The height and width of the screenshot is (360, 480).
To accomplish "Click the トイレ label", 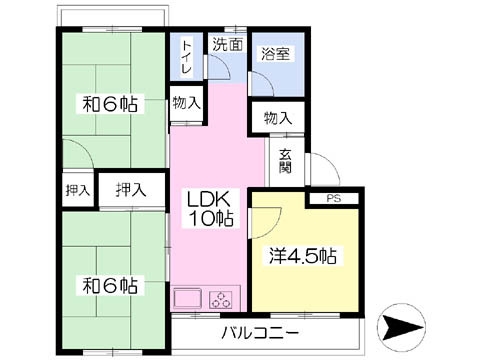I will point(187,57).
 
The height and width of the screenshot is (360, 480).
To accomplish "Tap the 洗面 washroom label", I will point(225,44).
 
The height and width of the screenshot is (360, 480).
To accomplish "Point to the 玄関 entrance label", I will point(285,160).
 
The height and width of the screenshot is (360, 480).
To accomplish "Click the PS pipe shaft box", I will point(334,198).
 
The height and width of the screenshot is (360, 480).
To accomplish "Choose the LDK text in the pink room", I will point(209,198).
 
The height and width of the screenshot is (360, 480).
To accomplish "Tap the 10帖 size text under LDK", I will point(209,219).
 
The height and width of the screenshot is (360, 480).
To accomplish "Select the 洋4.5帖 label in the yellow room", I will point(303,256).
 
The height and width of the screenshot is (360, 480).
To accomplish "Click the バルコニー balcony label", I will point(260,331).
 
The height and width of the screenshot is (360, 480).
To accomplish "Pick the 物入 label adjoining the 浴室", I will point(278,119).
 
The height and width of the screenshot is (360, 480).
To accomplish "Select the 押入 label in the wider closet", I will point(130,189).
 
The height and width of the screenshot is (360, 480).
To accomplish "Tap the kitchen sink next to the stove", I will point(189,298).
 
